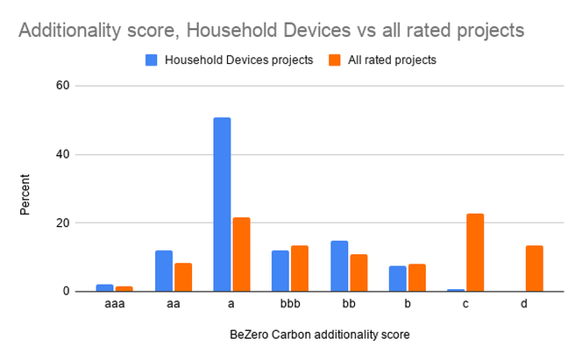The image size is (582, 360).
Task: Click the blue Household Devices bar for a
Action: (222, 204)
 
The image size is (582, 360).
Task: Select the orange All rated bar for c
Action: (475, 252)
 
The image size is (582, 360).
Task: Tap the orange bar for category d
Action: (534, 268)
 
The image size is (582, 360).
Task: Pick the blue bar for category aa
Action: (164, 271)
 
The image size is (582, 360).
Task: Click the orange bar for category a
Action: (241, 254)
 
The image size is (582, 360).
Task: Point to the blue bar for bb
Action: (339, 266)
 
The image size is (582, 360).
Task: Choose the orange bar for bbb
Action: (300, 268)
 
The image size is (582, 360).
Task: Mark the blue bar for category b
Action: (398, 279)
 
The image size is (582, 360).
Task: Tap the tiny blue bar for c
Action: (456, 290)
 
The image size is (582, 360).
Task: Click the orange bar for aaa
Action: (124, 289)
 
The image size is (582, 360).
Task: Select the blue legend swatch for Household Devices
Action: (151, 60)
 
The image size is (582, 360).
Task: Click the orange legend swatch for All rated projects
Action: (335, 60)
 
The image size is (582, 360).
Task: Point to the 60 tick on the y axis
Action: (63, 86)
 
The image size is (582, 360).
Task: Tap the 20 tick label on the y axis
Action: (63, 222)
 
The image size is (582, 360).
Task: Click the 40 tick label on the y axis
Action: (63, 154)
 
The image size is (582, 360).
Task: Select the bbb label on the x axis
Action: (290, 304)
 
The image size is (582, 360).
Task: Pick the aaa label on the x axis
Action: (115, 304)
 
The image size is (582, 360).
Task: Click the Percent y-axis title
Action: (25, 194)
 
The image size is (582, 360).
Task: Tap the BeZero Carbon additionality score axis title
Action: (320, 335)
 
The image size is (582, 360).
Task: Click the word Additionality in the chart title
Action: (70, 31)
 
